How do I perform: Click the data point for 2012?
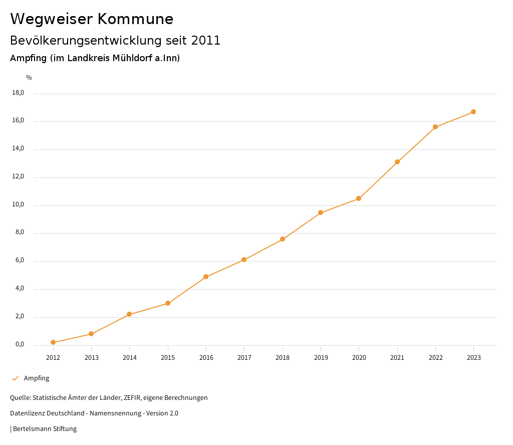53,342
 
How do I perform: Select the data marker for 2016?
206,277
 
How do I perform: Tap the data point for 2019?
321,212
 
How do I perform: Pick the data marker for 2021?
397,162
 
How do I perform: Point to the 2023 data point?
473,112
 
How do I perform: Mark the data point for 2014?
129,314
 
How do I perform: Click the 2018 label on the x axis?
283,358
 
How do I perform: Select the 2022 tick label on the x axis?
435,358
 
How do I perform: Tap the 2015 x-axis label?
168,358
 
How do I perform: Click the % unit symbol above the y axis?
29,78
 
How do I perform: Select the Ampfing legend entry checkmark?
15,378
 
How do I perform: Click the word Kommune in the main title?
135,19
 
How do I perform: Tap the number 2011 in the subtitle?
206,41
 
